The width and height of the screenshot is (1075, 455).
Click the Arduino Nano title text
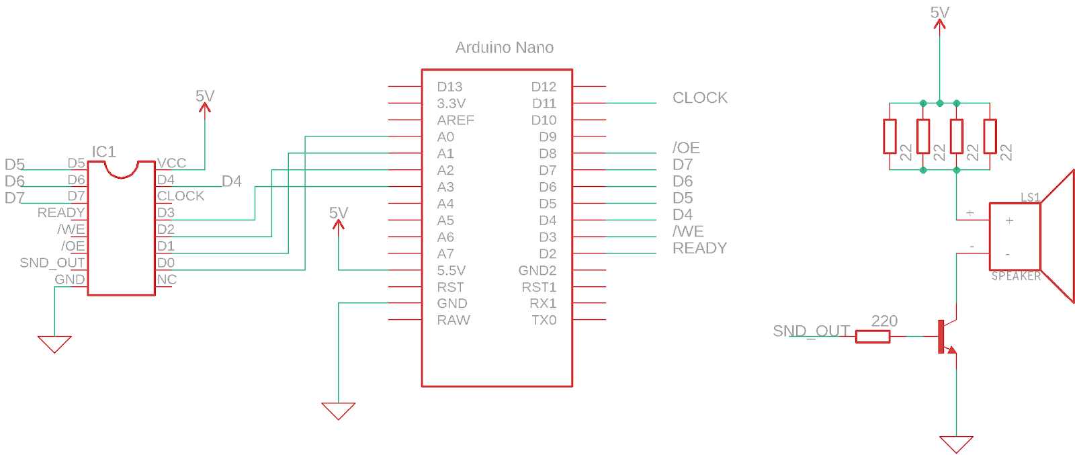504,48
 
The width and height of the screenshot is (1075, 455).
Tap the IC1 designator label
103,152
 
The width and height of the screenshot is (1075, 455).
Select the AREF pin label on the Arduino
455,120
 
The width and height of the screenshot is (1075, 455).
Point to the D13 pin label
449,87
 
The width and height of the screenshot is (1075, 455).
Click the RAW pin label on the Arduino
454,321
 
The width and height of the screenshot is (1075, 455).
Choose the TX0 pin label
544,321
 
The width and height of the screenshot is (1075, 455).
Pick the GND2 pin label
537,271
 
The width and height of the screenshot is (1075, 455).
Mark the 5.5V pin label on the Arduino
451,271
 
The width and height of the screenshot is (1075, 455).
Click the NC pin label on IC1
167,280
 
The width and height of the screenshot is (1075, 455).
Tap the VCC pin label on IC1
171,163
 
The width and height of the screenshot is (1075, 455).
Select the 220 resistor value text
884,321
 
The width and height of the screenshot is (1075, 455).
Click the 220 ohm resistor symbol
872,336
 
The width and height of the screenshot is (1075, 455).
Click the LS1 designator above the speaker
1030,198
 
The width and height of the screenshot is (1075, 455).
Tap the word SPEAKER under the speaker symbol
1016,276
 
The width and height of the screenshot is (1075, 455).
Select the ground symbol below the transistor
956,444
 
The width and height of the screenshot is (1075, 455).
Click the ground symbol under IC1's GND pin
54,344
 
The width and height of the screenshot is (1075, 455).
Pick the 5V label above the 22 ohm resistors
939,13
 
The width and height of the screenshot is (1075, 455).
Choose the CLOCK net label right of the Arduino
699,98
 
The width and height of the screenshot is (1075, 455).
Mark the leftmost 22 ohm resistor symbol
890,136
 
